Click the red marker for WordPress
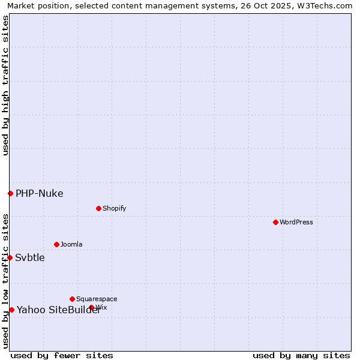(275, 222)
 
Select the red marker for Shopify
(98, 208)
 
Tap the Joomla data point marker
(56, 244)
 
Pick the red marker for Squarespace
(72, 299)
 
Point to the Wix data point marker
(92, 307)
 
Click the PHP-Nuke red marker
(10, 193)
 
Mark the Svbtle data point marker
(10, 257)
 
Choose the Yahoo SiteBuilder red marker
(11, 310)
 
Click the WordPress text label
(296, 222)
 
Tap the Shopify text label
(114, 208)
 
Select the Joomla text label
(71, 244)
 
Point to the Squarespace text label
(97, 299)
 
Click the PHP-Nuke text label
(39, 193)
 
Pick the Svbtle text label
(30, 257)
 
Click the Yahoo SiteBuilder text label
(59, 310)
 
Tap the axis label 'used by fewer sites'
(62, 355)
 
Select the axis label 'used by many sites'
(301, 355)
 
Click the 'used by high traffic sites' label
(5, 85)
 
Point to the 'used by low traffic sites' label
(5, 281)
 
